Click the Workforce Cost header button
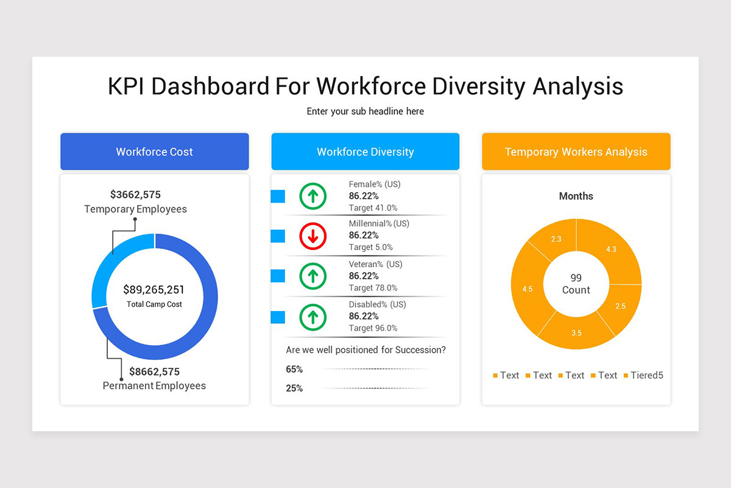point(154,152)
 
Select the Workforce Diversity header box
point(365,152)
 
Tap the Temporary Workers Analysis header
point(576,152)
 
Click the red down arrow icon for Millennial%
point(313,236)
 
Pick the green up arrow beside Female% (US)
point(313,196)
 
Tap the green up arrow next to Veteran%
point(313,276)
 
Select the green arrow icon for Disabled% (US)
point(313,317)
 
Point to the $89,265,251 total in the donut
point(154,290)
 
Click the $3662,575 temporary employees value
point(135,195)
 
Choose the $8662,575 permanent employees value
point(154,371)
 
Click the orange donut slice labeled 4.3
point(611,249)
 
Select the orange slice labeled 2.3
point(556,239)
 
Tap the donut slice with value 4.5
point(528,289)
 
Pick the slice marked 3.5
point(576,332)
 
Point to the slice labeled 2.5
point(620,306)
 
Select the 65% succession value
point(294,369)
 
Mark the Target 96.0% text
point(373,328)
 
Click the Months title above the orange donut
point(576,196)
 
